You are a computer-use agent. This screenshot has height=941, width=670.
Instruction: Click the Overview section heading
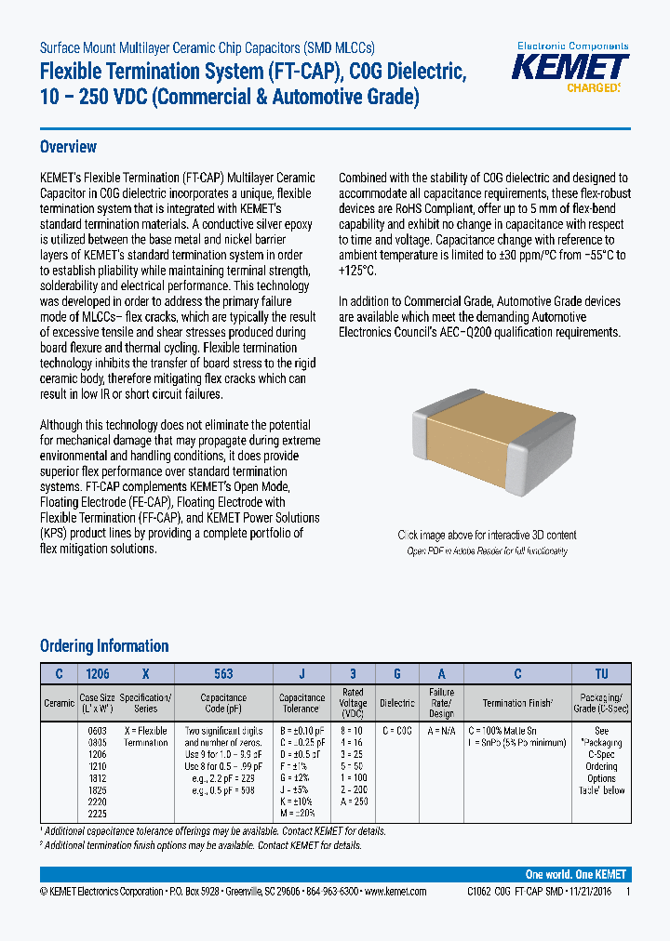click(68, 147)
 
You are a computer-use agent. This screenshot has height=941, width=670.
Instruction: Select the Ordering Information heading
click(104, 645)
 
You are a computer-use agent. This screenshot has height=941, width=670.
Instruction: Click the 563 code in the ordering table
click(223, 674)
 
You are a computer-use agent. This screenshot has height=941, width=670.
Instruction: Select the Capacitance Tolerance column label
click(301, 703)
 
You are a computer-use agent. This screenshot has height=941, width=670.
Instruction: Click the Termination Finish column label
click(518, 704)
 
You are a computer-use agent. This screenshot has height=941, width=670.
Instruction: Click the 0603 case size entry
click(97, 731)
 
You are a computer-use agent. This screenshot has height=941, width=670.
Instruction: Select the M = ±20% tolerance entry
click(301, 814)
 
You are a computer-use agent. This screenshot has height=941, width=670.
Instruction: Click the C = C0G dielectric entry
click(397, 731)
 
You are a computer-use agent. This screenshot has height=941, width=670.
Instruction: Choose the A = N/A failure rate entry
click(441, 731)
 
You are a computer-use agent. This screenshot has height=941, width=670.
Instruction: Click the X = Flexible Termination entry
click(146, 736)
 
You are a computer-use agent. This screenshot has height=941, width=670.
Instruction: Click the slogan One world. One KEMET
click(576, 875)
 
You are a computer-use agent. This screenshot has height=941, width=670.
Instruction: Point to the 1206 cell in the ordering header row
click(97, 674)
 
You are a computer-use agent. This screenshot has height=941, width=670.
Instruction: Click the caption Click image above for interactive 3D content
click(487, 535)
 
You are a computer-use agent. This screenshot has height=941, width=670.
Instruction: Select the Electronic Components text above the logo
click(572, 46)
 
